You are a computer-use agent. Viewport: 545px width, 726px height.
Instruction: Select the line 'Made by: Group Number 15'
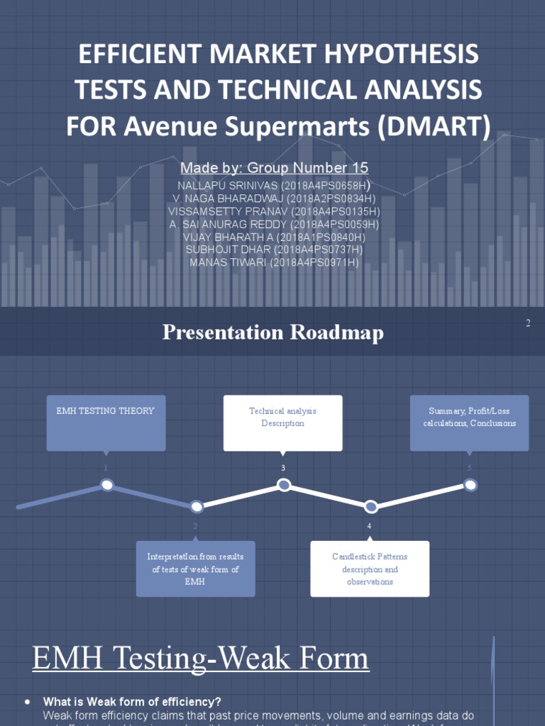pos(274,168)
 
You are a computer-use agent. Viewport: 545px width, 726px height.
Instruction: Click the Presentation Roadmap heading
pos(272,333)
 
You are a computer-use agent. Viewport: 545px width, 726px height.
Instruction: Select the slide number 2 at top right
pos(528,323)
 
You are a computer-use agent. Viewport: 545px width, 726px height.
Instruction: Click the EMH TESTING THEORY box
pos(106,423)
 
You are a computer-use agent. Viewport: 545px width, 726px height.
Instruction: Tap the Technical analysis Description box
pos(282,423)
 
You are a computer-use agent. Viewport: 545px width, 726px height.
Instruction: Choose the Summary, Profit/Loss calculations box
pos(469,423)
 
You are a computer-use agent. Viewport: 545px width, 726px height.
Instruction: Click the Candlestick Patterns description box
pos(370,569)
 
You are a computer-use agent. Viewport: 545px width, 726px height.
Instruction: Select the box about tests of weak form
pos(195,569)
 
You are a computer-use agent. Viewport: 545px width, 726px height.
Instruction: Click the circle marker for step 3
pos(284,485)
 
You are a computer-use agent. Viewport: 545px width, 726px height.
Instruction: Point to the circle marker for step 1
pos(107,485)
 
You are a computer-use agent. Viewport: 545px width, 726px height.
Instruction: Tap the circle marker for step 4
pos(370,506)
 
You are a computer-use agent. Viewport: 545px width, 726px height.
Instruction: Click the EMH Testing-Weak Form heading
pos(201,658)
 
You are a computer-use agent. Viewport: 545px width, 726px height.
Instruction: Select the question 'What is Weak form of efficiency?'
pos(132,701)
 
